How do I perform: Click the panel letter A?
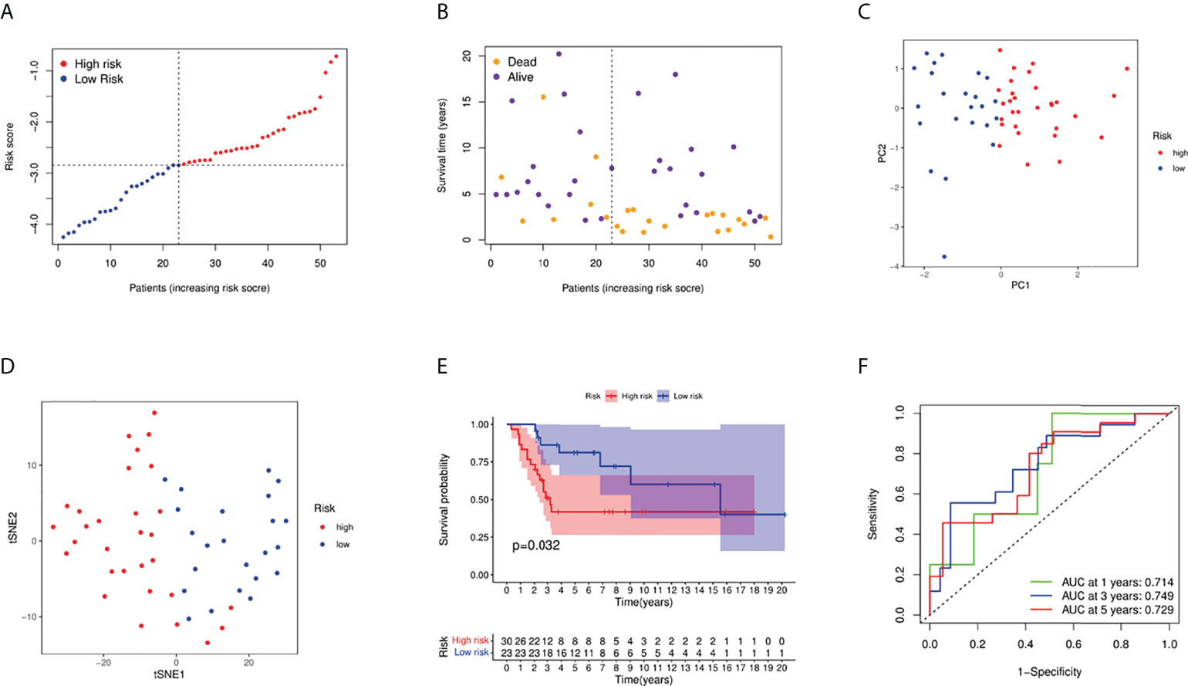[x=7, y=12]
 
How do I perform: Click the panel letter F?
[x=864, y=366]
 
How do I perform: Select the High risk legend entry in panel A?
[x=97, y=64]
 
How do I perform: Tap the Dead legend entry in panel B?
[x=521, y=62]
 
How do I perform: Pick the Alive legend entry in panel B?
[x=520, y=77]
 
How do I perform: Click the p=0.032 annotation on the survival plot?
[x=536, y=546]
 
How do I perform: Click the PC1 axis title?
[x=1020, y=286]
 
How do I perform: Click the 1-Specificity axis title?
[x=1049, y=672]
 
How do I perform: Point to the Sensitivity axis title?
[x=873, y=514]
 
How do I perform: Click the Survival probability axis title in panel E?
[x=444, y=500]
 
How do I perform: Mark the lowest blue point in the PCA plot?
[x=944, y=257]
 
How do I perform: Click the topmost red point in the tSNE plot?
[x=154, y=413]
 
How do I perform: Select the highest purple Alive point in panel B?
[x=559, y=54]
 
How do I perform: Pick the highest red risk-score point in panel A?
[x=336, y=56]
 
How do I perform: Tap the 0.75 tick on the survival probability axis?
[x=480, y=462]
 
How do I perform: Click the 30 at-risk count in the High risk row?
[x=506, y=641]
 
